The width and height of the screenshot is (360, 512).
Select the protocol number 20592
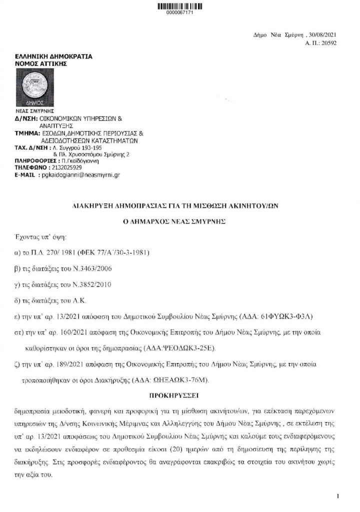click(328, 44)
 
